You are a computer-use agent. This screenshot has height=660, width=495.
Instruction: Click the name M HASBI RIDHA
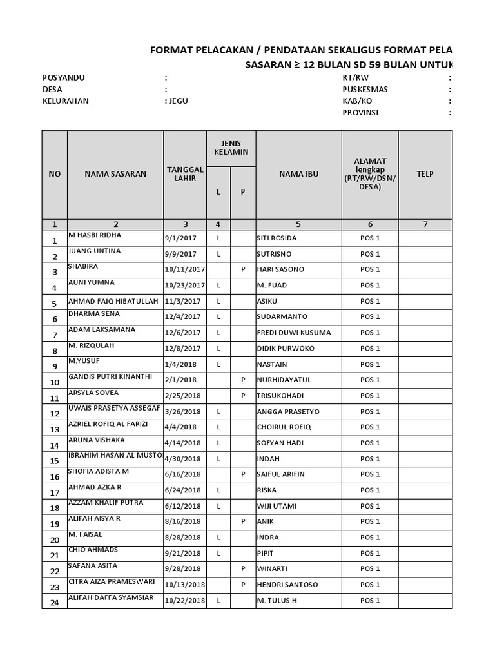pos(94,235)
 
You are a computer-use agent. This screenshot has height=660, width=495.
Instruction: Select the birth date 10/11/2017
pos(184,269)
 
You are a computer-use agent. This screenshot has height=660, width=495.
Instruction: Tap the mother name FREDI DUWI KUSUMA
pos(293,333)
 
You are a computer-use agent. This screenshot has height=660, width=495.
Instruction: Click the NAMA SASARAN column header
pos(115,174)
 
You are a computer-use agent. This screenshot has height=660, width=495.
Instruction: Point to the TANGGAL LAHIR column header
pos(185,174)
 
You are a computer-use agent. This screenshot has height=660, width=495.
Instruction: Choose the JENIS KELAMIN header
pos(230,148)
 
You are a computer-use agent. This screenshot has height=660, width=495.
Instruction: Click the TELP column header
pos(425,174)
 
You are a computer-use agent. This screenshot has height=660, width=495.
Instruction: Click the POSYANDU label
pos(64,78)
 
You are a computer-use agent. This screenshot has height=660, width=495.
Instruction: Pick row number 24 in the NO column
pos(55,602)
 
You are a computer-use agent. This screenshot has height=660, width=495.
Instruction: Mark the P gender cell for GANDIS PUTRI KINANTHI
pos(243,380)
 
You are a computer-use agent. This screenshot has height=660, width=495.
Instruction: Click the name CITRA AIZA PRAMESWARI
pos(112,581)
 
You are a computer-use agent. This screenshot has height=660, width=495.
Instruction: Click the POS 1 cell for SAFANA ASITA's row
pos(370,569)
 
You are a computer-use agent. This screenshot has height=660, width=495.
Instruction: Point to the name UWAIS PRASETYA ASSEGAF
pos(115,408)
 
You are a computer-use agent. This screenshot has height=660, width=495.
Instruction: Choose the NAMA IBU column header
pos(298,174)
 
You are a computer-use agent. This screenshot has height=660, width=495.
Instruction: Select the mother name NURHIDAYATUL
pos(284,380)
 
